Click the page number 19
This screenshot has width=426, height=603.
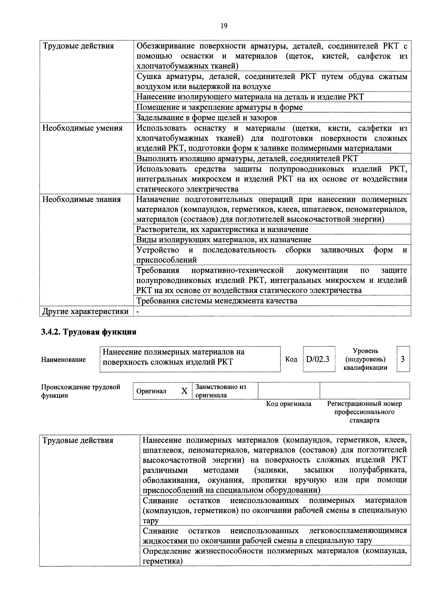pos(224,26)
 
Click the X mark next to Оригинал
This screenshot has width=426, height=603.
pos(184,391)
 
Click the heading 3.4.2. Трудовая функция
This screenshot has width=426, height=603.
pos(89,332)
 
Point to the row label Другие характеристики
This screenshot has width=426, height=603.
pos(86,311)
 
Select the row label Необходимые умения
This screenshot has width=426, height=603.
pos(82,128)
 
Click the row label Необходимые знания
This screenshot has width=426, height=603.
pos(82,199)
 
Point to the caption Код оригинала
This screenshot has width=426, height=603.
pos(288,404)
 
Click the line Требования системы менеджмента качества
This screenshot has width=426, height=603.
pos(217,301)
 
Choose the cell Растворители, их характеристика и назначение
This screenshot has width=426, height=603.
pos(222,229)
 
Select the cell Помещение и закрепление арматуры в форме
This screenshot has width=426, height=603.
pos(219,107)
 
